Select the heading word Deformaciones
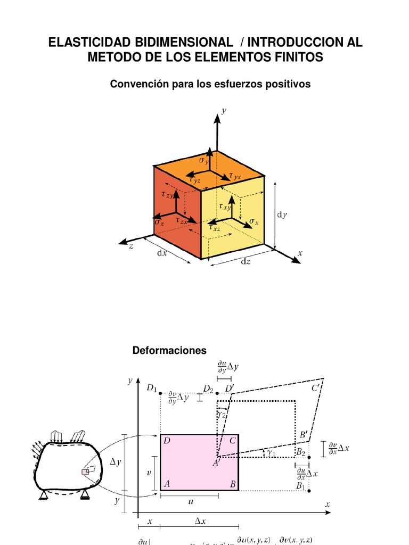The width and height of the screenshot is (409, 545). pos(169,350)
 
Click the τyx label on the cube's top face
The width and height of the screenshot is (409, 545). pos(235,176)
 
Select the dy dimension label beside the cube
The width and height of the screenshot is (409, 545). pos(282,214)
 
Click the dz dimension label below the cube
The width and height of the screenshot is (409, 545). pos(246,261)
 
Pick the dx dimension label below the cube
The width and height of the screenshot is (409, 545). pos(161,253)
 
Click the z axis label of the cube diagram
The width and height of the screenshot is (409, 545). pos(130,246)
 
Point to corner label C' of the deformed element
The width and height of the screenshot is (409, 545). pos(316,389)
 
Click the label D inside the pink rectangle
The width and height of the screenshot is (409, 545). pos(167,441)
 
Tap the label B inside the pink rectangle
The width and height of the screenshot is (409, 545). pos(233,484)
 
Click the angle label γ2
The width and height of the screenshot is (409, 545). pos(222,413)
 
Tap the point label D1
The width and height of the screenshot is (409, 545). pos(152,388)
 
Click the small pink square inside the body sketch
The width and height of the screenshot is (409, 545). pos(84,472)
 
